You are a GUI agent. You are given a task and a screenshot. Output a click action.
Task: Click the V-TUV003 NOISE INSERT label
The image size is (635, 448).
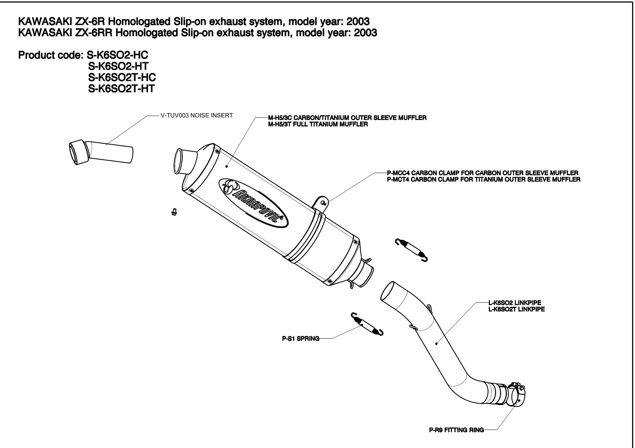196,116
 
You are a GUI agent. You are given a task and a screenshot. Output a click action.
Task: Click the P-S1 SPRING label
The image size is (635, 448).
301,339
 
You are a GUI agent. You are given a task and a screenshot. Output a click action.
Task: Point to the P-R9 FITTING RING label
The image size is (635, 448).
456,430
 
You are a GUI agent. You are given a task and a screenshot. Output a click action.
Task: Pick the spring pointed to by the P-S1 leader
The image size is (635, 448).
367,324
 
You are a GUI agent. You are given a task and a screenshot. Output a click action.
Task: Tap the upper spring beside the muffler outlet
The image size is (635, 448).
412,249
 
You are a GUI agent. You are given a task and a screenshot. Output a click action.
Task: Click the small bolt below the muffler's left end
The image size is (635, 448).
174,212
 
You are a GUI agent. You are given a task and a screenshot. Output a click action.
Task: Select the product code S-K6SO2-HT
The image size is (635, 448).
118,66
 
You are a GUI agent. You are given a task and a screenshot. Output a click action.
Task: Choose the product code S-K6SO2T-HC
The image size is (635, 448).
122,77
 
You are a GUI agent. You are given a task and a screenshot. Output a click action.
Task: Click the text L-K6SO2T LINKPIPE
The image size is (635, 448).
516,309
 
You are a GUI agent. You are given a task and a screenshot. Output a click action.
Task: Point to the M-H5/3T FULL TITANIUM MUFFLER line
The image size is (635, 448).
318,125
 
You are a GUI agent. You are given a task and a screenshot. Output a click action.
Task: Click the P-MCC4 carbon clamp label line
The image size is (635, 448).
482,173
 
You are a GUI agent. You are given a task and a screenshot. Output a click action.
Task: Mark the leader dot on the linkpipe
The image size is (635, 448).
436,344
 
